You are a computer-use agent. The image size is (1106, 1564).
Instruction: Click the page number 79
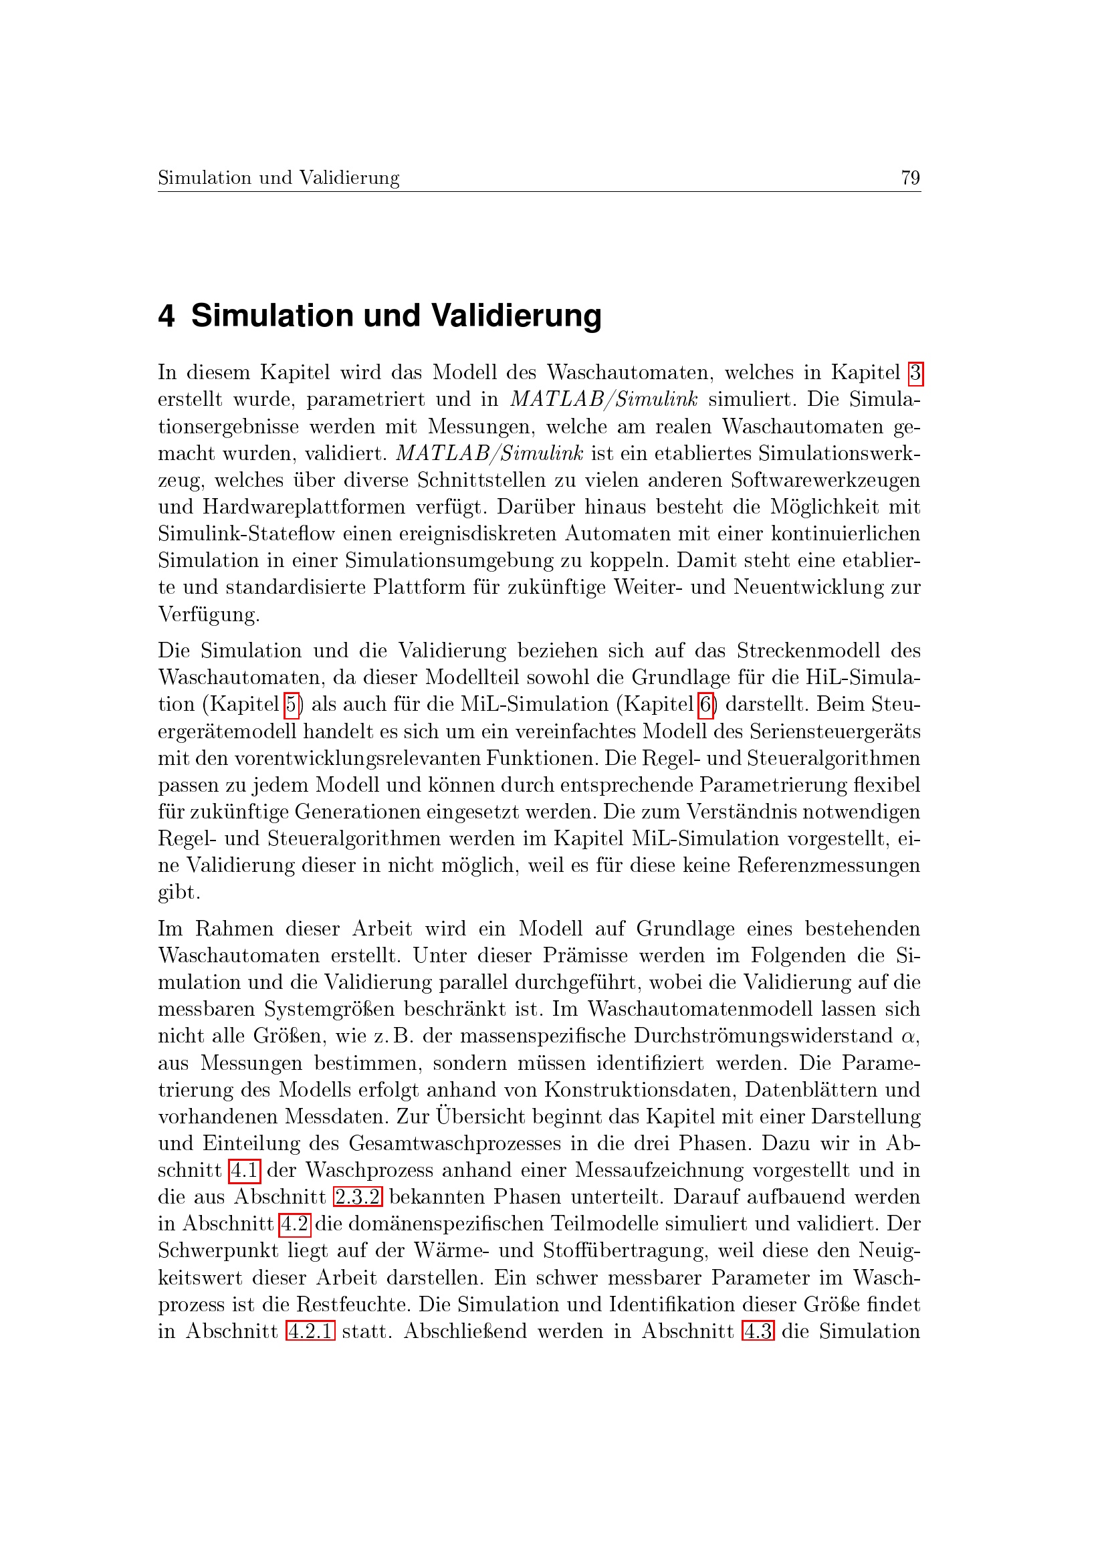pos(910,178)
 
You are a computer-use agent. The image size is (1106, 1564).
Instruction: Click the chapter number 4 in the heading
pos(167,316)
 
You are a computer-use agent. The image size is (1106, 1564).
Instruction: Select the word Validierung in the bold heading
pos(516,316)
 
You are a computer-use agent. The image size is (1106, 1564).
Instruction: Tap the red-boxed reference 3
pos(916,373)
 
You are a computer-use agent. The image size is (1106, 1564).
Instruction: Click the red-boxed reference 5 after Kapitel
pos(292,704)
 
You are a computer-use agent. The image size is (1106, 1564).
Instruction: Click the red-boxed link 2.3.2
pos(358,1198)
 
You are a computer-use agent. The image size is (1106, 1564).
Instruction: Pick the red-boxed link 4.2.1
pos(310,1332)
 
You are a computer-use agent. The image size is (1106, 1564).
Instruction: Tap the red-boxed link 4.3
pos(758,1332)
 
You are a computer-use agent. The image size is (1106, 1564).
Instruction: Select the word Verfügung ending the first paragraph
pos(208,615)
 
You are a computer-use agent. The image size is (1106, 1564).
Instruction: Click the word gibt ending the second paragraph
pos(178,893)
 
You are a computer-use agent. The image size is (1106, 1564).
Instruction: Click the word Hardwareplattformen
pos(285,508)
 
